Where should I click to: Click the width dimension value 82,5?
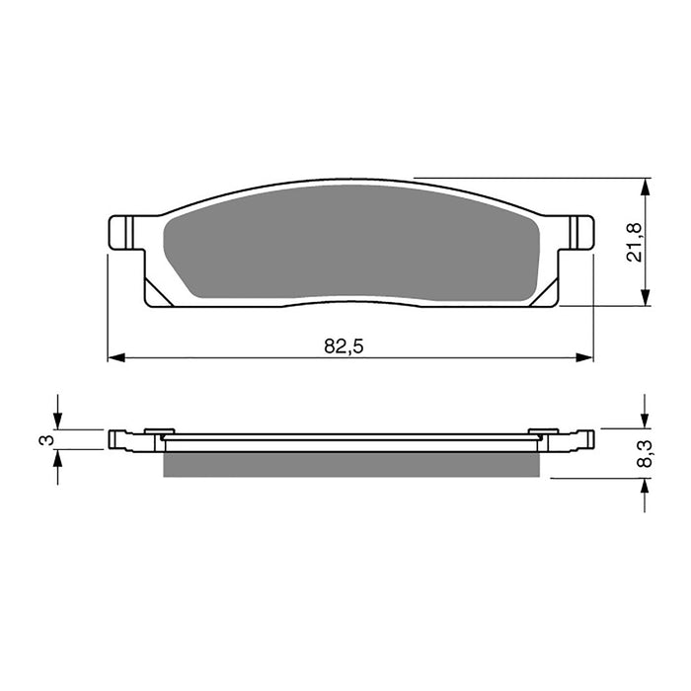pyautogui.click(x=339, y=345)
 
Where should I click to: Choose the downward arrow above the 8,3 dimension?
pyautogui.click(x=646, y=421)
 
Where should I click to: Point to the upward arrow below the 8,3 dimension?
pyautogui.click(x=646, y=487)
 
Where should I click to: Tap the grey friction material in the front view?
pyautogui.click(x=350, y=252)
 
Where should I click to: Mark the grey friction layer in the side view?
pyautogui.click(x=350, y=465)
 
